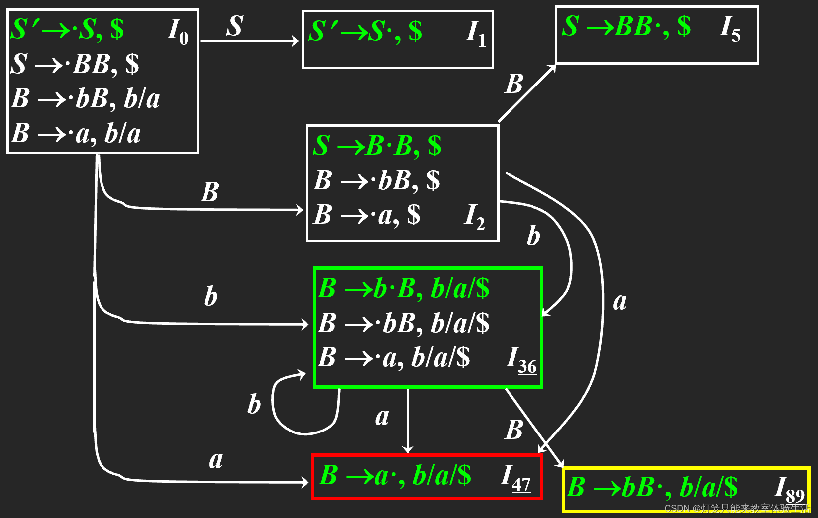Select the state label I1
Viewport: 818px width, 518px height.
click(x=476, y=34)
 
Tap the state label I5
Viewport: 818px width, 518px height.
click(x=730, y=29)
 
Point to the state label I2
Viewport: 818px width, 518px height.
click(x=474, y=217)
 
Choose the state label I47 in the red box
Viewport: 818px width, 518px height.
click(x=515, y=478)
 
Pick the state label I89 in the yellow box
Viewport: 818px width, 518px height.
click(x=789, y=489)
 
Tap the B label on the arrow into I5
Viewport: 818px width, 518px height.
click(x=514, y=84)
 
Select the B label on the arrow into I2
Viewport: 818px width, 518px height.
click(x=209, y=192)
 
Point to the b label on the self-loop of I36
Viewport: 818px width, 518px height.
click(x=254, y=404)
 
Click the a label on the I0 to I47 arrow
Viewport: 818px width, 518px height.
click(x=216, y=460)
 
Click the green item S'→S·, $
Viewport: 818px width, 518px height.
click(x=365, y=32)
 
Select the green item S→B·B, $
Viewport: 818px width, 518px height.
click(x=377, y=146)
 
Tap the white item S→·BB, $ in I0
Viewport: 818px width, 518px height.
click(x=75, y=64)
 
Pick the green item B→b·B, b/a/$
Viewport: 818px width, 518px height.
click(x=403, y=289)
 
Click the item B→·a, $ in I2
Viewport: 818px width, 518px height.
click(x=367, y=215)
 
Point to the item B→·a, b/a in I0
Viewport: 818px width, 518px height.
click(x=76, y=133)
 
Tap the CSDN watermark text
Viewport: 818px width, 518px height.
click(x=737, y=508)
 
